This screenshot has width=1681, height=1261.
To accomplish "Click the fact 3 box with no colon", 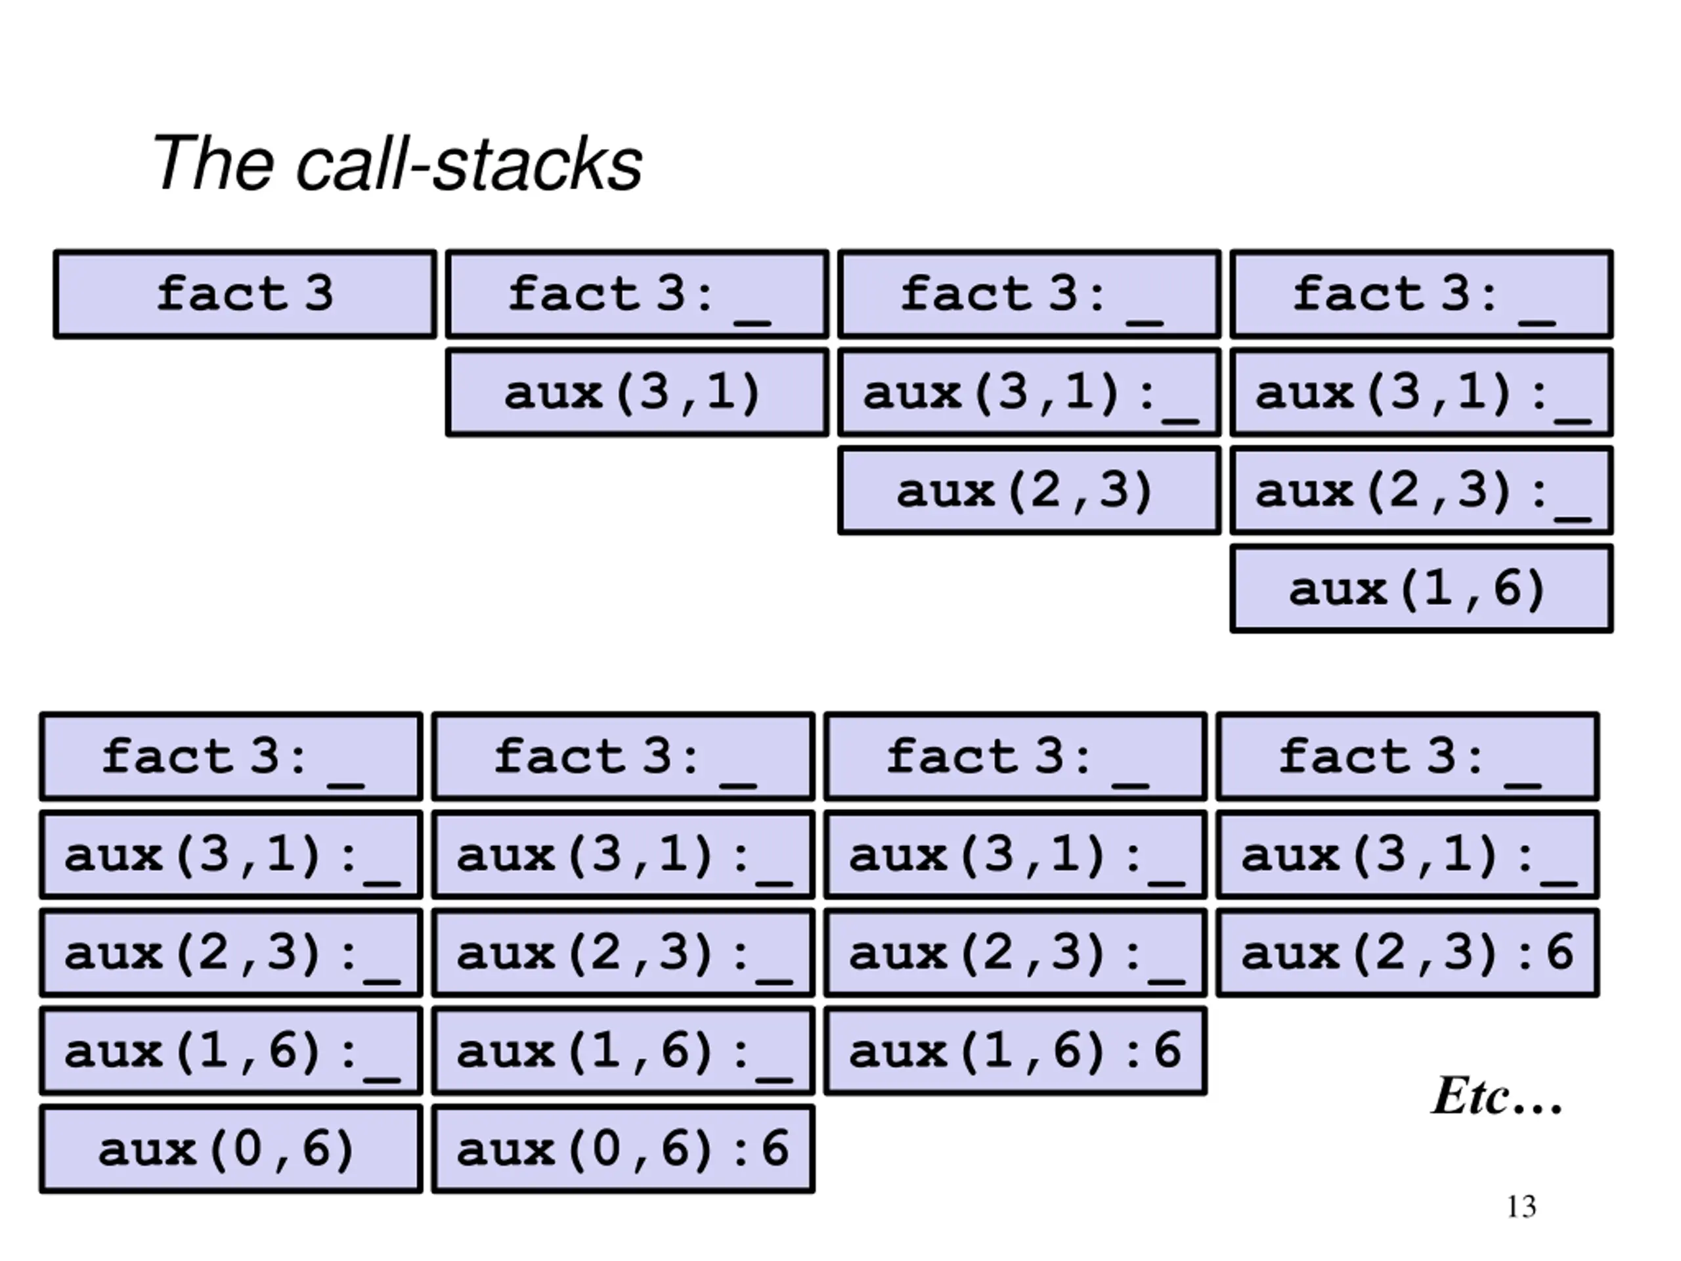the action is click(246, 294).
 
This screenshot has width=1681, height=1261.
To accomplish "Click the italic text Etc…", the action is click(1496, 1096).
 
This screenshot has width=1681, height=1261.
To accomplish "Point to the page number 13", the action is click(1521, 1207).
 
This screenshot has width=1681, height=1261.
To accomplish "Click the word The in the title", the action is click(212, 163).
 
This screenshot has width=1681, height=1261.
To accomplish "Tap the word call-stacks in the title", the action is click(469, 163).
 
